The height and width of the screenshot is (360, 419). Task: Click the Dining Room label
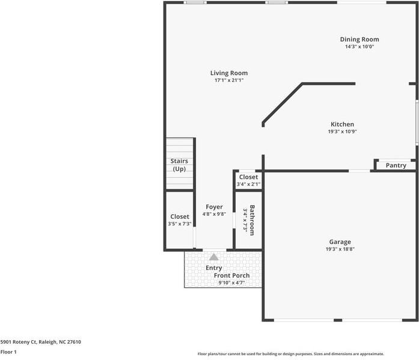click(359, 40)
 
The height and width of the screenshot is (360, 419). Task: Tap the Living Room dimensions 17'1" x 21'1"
click(228, 80)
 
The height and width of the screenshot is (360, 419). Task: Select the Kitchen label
click(342, 124)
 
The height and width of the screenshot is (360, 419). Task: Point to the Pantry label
click(396, 165)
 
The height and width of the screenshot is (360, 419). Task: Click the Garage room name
click(340, 242)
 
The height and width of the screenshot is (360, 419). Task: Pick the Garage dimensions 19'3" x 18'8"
click(340, 249)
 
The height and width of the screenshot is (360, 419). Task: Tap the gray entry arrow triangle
click(213, 257)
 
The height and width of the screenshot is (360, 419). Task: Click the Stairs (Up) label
click(179, 165)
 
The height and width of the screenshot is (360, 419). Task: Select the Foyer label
click(214, 207)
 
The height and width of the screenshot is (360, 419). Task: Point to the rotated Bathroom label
click(253, 220)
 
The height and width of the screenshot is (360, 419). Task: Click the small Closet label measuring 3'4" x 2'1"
click(248, 177)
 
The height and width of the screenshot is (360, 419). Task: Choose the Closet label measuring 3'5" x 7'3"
click(180, 216)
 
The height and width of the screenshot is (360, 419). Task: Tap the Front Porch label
click(231, 276)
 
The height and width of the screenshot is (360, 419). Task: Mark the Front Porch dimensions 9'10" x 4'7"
click(231, 283)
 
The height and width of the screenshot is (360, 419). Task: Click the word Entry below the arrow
click(213, 268)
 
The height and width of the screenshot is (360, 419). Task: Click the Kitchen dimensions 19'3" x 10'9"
click(342, 132)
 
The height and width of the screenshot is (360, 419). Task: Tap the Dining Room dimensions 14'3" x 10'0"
click(359, 47)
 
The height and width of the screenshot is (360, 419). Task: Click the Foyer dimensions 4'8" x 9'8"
click(214, 214)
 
